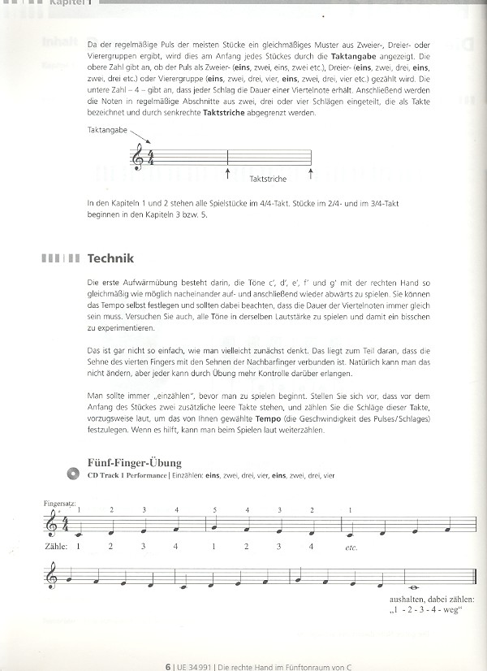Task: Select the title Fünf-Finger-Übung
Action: (x=131, y=463)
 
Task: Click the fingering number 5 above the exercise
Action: (x=215, y=509)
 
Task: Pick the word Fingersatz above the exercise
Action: (x=60, y=504)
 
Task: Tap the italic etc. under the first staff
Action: (x=351, y=548)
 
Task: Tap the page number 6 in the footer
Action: (x=167, y=664)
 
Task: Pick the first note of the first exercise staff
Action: (x=80, y=535)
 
